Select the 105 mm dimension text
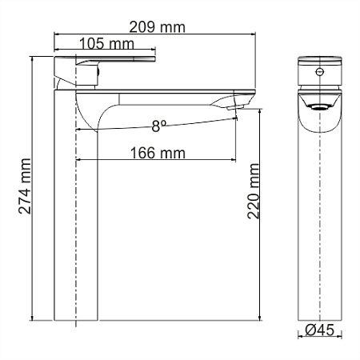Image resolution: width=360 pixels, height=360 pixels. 105,44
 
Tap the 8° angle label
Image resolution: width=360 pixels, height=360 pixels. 158,125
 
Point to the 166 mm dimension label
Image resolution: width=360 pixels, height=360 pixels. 157,152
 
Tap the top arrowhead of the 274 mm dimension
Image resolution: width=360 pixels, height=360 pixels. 30,58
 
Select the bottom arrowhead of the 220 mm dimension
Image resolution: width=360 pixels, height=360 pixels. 262,318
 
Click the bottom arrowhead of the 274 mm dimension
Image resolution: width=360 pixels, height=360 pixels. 30,318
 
